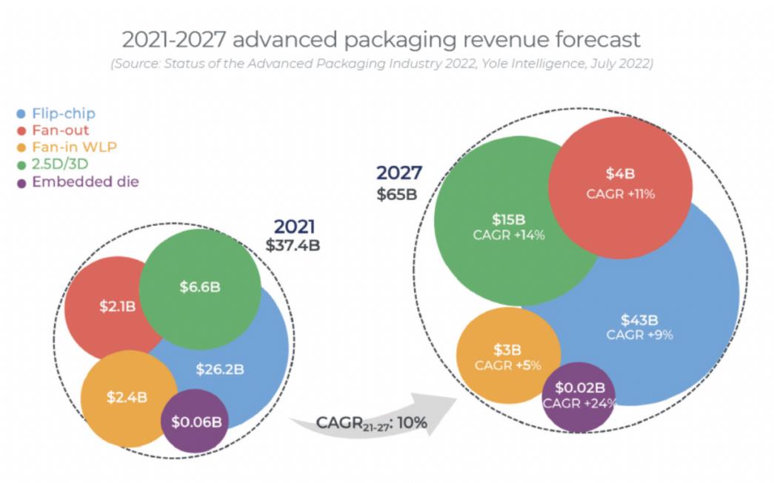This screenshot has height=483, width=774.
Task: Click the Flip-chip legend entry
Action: pos(62,113)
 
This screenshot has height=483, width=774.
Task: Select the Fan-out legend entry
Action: pos(59,130)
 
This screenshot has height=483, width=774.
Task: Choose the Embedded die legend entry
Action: pos(84,181)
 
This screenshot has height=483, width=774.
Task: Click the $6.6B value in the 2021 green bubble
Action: pos(199,287)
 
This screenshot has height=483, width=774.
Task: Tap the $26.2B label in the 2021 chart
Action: pos(220,368)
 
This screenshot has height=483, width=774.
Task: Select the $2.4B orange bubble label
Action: pos(127,397)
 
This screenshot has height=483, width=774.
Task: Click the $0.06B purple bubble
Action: pos(196,421)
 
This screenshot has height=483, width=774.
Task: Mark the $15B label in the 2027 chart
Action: pos(508,220)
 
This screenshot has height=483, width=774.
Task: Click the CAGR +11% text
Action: pos(620,195)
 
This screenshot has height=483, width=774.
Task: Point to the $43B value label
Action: pos(639,320)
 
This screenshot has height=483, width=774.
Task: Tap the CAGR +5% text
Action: pos(508,365)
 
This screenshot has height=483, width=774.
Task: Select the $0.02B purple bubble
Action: pos(581,387)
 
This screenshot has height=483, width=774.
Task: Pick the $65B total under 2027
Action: pos(396,193)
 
